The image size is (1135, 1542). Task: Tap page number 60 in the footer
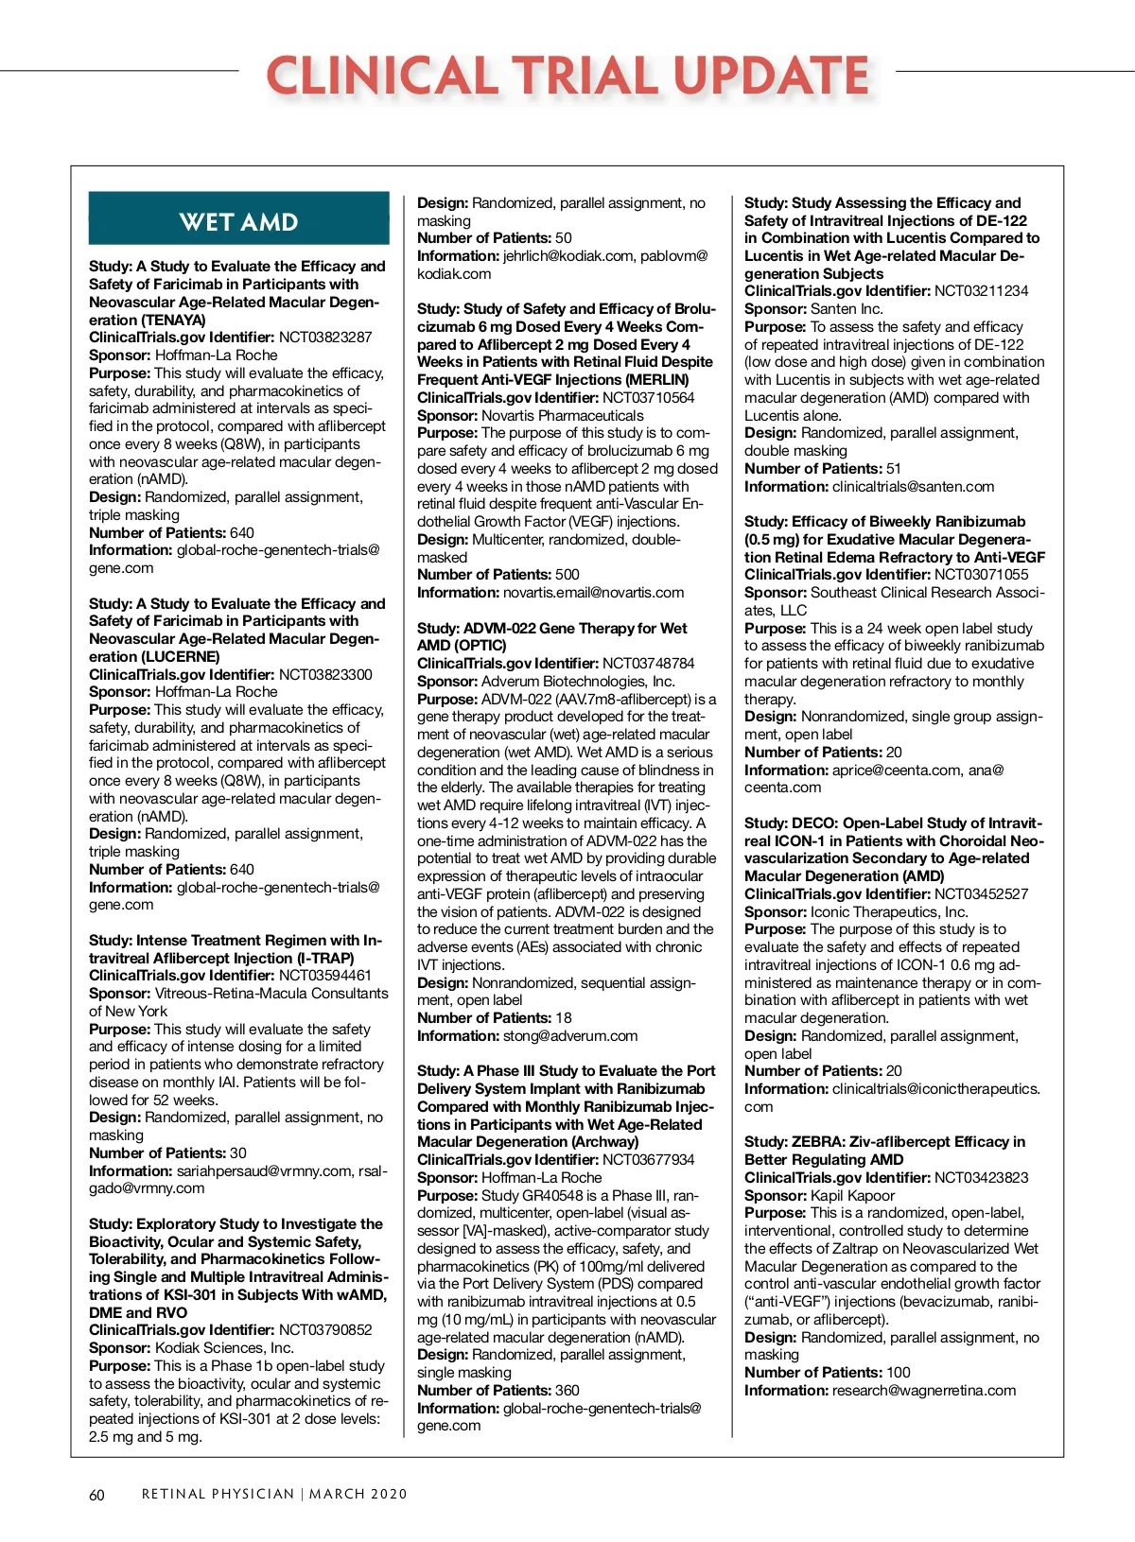[96, 1495]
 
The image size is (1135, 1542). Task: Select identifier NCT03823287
[325, 338]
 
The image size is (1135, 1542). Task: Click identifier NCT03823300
[325, 674]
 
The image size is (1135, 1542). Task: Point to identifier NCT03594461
[325, 976]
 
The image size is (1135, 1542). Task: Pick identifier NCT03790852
[325, 1330]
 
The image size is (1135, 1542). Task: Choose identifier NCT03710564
[649, 398]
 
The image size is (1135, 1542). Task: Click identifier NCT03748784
[649, 664]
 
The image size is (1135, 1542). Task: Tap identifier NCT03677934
[649, 1160]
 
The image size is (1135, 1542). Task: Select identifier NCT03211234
[981, 291]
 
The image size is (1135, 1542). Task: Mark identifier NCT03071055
[981, 575]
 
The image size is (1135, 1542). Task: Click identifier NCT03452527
[981, 894]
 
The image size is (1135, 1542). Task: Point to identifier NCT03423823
[981, 1178]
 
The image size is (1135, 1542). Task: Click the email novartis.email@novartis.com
[593, 593]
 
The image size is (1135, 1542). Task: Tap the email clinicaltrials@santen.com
[913, 487]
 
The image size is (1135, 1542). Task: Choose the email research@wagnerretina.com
[924, 1391]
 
